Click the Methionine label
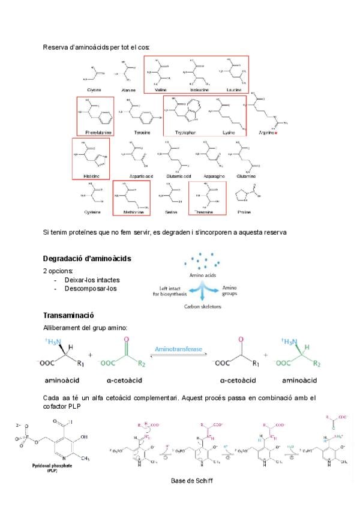point(132,212)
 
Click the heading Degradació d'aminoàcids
point(88,259)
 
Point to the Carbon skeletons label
point(203,306)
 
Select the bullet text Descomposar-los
point(90,288)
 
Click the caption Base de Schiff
point(191,481)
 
